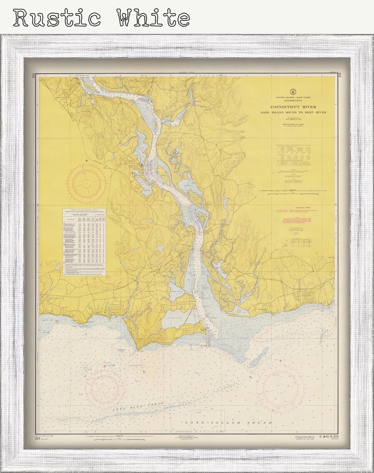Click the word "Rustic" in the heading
click(x=57, y=17)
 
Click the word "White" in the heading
click(x=153, y=17)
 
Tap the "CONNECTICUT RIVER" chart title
click(x=293, y=107)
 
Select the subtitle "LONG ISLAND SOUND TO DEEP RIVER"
click(x=293, y=113)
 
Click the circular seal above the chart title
click(x=293, y=92)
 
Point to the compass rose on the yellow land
click(x=86, y=184)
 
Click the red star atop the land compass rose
click(x=86, y=162)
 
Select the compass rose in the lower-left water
click(x=105, y=388)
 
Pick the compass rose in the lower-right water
click(x=280, y=389)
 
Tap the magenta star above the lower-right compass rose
click(x=280, y=361)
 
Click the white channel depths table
click(x=84, y=242)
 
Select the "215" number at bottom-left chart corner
click(x=38, y=438)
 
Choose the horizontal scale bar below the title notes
click(x=293, y=191)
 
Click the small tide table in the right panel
click(x=293, y=243)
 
